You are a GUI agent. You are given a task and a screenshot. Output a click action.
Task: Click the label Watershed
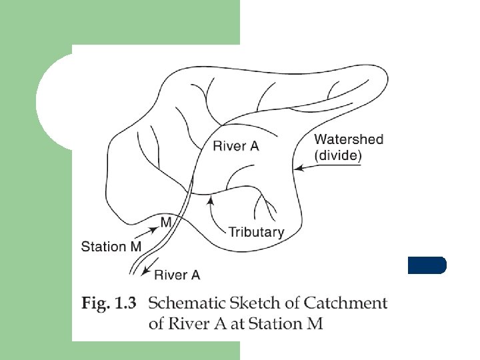pos(349,139)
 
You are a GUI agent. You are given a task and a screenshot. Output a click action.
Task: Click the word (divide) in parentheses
pos(338,155)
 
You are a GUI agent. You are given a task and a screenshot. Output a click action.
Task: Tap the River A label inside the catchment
pos(235,146)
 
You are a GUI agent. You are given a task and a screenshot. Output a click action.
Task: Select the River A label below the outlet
pos(177,274)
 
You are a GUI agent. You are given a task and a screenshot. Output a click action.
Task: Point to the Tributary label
pos(256,232)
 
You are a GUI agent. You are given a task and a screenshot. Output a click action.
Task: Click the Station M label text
pos(111,247)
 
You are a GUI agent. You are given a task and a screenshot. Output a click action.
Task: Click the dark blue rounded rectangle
pos(427,265)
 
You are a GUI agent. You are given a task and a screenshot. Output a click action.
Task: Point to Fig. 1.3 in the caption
pos(109,304)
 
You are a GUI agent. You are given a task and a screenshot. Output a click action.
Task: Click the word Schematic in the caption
pos(183,304)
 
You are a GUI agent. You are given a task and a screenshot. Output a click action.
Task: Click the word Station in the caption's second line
pos(273,324)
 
